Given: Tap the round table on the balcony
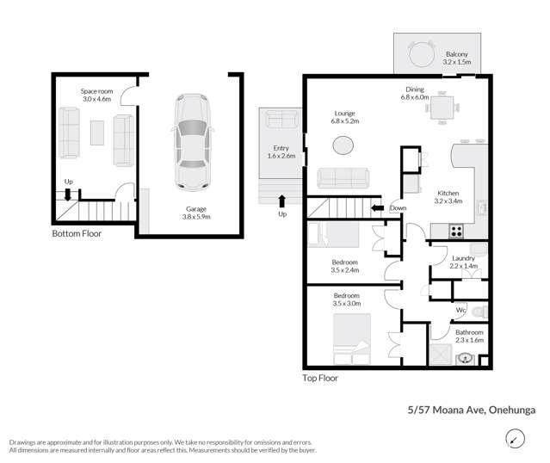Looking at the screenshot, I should (x=422, y=54).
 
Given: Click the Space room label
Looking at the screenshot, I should (x=96, y=96).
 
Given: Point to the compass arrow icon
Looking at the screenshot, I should (x=514, y=441).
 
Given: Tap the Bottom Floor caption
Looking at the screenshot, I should (x=77, y=233).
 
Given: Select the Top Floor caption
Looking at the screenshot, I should (x=320, y=378).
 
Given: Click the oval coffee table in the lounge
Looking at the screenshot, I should (x=343, y=144).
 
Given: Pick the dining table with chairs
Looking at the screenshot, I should (x=442, y=108).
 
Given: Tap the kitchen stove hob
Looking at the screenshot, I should (x=457, y=230).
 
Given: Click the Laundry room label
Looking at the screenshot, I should (x=463, y=262).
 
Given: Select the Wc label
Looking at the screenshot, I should (x=461, y=310).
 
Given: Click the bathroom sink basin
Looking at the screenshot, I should (x=467, y=358).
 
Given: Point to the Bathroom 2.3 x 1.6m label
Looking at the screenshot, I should (x=469, y=336).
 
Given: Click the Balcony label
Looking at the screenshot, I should (x=457, y=58).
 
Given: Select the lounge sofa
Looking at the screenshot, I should (x=343, y=177).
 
